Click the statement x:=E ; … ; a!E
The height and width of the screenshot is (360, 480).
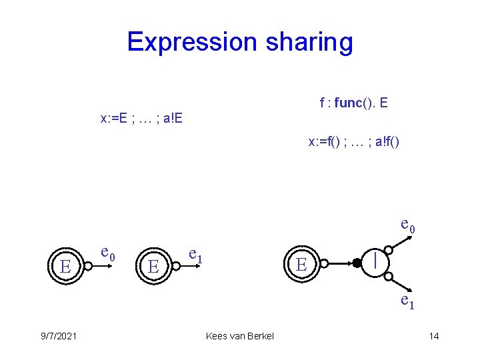coord(141,119)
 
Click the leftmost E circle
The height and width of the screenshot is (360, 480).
coord(65,266)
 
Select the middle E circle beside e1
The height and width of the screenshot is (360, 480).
coord(154,266)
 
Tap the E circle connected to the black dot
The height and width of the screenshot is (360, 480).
coord(301,264)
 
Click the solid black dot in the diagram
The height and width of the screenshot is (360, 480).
coord(357,263)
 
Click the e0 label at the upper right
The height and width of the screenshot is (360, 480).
coord(407,225)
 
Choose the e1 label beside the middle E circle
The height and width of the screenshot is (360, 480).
coord(196,253)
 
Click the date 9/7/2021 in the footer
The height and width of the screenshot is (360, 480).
coord(58,336)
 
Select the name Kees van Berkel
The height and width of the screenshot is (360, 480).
coord(240,336)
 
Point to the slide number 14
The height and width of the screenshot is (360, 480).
coord(433,336)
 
